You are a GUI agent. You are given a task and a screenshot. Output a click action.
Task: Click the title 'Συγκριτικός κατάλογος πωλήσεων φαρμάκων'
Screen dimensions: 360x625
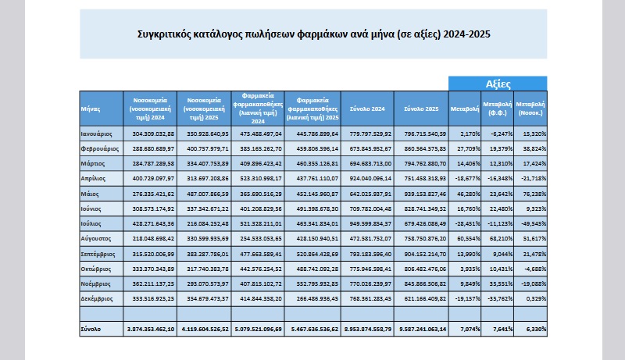[312, 34]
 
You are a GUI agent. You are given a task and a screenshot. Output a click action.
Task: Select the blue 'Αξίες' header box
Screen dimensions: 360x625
[498, 83]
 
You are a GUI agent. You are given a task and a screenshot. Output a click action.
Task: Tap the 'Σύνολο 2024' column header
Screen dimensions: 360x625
[366, 109]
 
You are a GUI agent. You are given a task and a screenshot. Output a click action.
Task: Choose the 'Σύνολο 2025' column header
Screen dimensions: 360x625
[420, 109]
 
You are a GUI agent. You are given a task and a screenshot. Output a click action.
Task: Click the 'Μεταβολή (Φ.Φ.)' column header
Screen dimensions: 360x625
[498, 109]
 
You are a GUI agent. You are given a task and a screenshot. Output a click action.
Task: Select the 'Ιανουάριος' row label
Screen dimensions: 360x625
[99, 134]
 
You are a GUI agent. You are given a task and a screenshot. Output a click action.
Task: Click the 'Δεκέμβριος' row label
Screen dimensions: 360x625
[99, 299]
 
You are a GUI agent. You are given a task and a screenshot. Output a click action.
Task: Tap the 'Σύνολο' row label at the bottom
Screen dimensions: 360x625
[91, 330]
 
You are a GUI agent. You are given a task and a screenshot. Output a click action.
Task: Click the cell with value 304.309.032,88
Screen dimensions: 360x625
[150, 134]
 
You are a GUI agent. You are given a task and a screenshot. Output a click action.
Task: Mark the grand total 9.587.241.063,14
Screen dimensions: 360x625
[420, 330]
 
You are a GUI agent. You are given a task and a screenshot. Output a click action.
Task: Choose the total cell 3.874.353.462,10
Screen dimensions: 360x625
[150, 330]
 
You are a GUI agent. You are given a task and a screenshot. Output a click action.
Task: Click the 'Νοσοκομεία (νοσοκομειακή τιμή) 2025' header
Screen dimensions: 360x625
[205, 109]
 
